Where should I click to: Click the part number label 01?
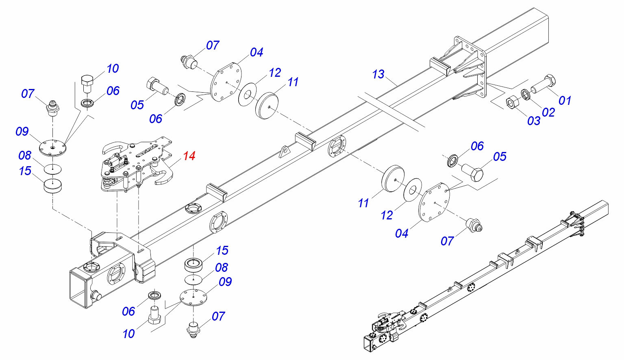click(x=565, y=100)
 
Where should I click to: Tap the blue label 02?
click(x=548, y=112)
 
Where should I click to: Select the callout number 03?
click(x=533, y=120)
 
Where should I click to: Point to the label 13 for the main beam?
click(x=378, y=74)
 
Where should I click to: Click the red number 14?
click(x=189, y=156)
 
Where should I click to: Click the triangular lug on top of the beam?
click(x=285, y=151)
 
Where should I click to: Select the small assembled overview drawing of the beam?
click(x=484, y=280)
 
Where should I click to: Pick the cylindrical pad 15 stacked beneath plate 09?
click(x=53, y=186)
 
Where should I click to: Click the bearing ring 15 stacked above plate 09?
click(x=194, y=264)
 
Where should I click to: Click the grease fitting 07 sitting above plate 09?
click(x=53, y=108)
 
